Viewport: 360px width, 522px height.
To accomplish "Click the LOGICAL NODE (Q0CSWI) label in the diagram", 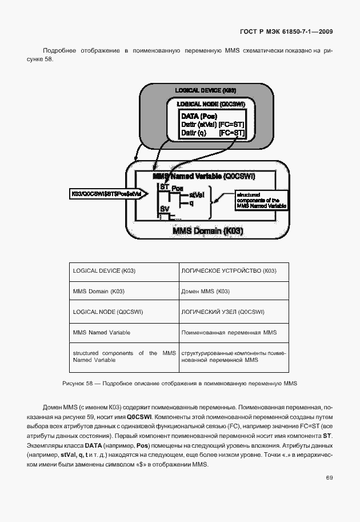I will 211,104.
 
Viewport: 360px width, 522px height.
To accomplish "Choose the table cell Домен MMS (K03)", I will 206,291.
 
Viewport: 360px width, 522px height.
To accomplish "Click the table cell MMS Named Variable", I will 102,332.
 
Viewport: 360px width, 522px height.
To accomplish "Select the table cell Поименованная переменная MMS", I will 229,332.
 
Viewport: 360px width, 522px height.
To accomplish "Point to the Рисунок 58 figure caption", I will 180,382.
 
